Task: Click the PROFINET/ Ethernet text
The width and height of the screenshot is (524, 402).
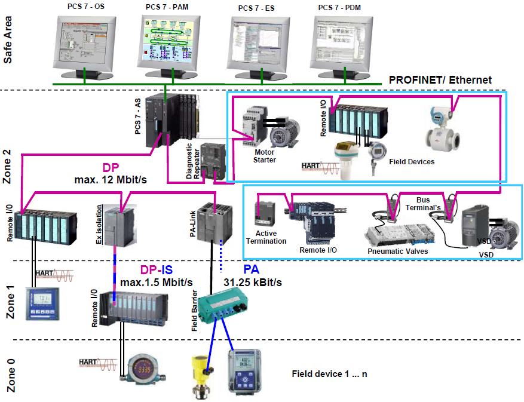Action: point(440,79)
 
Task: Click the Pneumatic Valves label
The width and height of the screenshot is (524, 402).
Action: point(397,251)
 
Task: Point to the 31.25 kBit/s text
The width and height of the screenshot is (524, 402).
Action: point(252,281)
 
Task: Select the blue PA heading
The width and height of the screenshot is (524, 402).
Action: point(251,269)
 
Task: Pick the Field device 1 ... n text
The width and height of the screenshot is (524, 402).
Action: point(329,374)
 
